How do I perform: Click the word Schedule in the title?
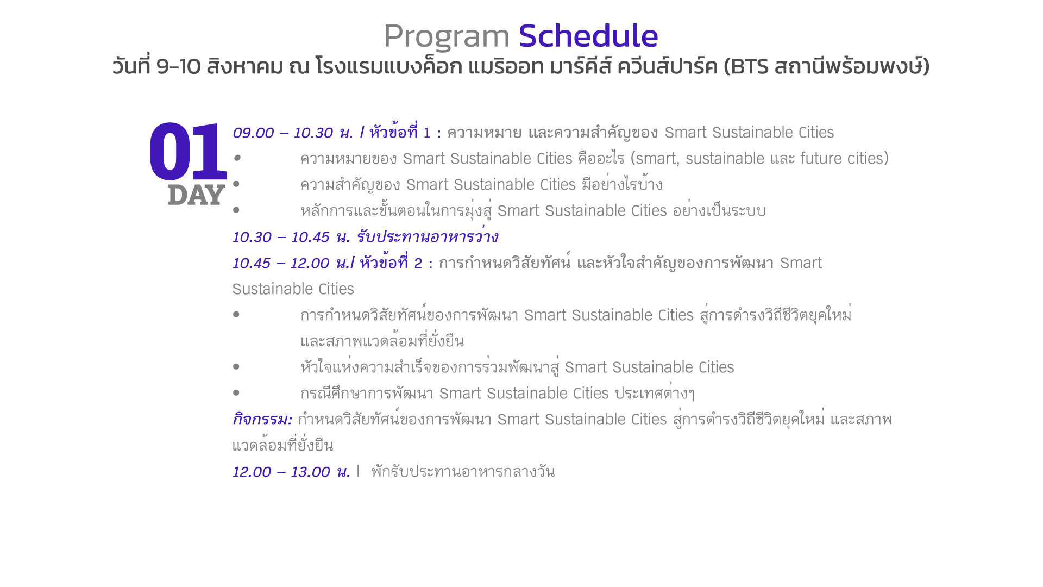coord(588,36)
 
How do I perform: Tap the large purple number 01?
coord(188,152)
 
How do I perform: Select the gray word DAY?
coord(196,195)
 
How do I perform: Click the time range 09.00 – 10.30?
coord(283,133)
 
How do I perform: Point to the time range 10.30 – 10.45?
coord(281,237)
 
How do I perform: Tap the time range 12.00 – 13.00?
coord(281,472)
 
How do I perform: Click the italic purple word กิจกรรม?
coord(262,420)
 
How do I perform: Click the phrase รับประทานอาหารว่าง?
coord(428,236)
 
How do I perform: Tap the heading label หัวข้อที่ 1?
coord(400,132)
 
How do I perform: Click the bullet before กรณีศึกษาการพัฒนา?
coord(236,392)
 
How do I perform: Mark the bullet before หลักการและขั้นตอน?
coord(236,210)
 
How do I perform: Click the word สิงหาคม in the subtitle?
coord(245,66)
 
